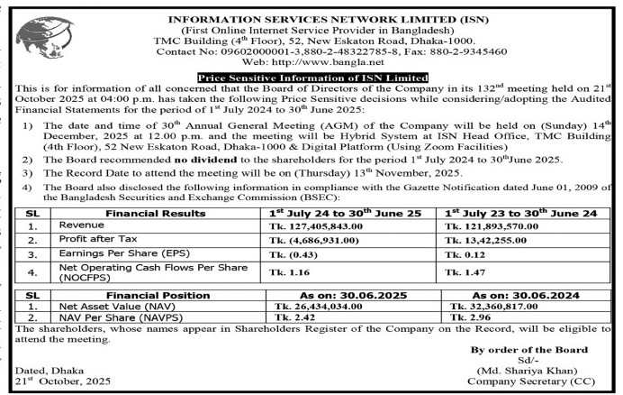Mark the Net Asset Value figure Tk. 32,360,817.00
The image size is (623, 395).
click(492, 308)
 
